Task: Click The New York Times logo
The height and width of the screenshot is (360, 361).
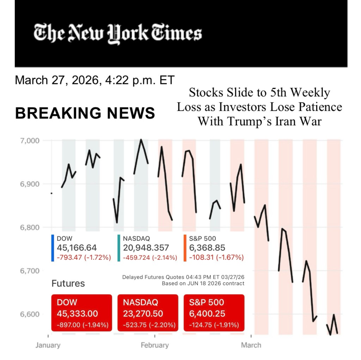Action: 118,34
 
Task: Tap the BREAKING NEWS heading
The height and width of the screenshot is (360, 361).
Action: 85,113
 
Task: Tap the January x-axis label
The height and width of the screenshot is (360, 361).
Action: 48,345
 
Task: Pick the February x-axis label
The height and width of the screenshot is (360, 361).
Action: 154,345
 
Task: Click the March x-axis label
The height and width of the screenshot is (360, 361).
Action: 251,345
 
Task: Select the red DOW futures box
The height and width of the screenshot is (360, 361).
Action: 82,313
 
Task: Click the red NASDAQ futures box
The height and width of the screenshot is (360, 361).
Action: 148,313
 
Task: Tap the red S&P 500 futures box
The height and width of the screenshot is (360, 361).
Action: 214,313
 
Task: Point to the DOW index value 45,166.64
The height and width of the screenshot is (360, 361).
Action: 77,248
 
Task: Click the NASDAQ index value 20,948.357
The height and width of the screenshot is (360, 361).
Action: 146,248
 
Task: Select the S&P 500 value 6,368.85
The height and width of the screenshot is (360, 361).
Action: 207,248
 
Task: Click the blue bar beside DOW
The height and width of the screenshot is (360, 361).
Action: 53,248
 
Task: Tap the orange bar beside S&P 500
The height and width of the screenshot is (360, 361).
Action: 185,248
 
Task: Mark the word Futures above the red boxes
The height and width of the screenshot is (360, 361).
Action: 68,283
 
